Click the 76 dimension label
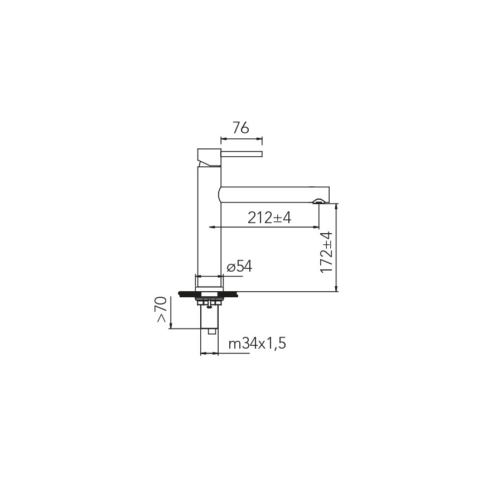240,128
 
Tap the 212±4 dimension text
269,218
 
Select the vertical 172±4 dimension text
326,252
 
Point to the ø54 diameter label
239,267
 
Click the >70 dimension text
161,309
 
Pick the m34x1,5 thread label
257,344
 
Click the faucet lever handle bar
242,154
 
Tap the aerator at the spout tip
318,201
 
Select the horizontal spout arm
274,195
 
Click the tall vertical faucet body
209,226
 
